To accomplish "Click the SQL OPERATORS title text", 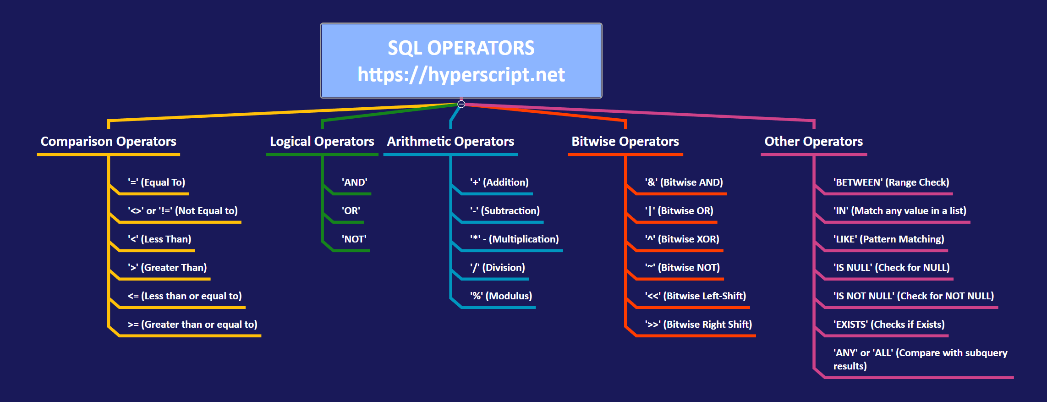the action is pos(461,48).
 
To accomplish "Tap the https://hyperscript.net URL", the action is pos(461,75).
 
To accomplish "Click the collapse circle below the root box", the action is pos(461,104).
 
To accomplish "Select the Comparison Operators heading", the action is pos(109,141).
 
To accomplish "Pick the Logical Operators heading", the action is pos(322,141).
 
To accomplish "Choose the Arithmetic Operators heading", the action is pos(450,141).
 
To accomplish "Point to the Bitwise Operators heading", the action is pos(625,141).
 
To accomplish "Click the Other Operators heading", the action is pos(814,141).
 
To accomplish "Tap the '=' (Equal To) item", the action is pos(157,182).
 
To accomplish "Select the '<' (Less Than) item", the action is pos(159,239).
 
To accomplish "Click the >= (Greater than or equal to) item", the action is pos(192,325).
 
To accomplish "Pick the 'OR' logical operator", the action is pos(351,211).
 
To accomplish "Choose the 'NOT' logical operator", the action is pos(354,239).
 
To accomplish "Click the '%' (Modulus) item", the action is pos(501,296).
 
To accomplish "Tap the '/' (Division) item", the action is pos(498,268).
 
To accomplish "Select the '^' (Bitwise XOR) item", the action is pos(682,239).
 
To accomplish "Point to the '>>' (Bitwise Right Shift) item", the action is pos(699,325).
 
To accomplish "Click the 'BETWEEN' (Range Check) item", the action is pos(891,182).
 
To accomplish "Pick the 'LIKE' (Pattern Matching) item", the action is pos(889,239).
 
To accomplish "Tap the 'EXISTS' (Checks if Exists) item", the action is pos(889,325).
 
